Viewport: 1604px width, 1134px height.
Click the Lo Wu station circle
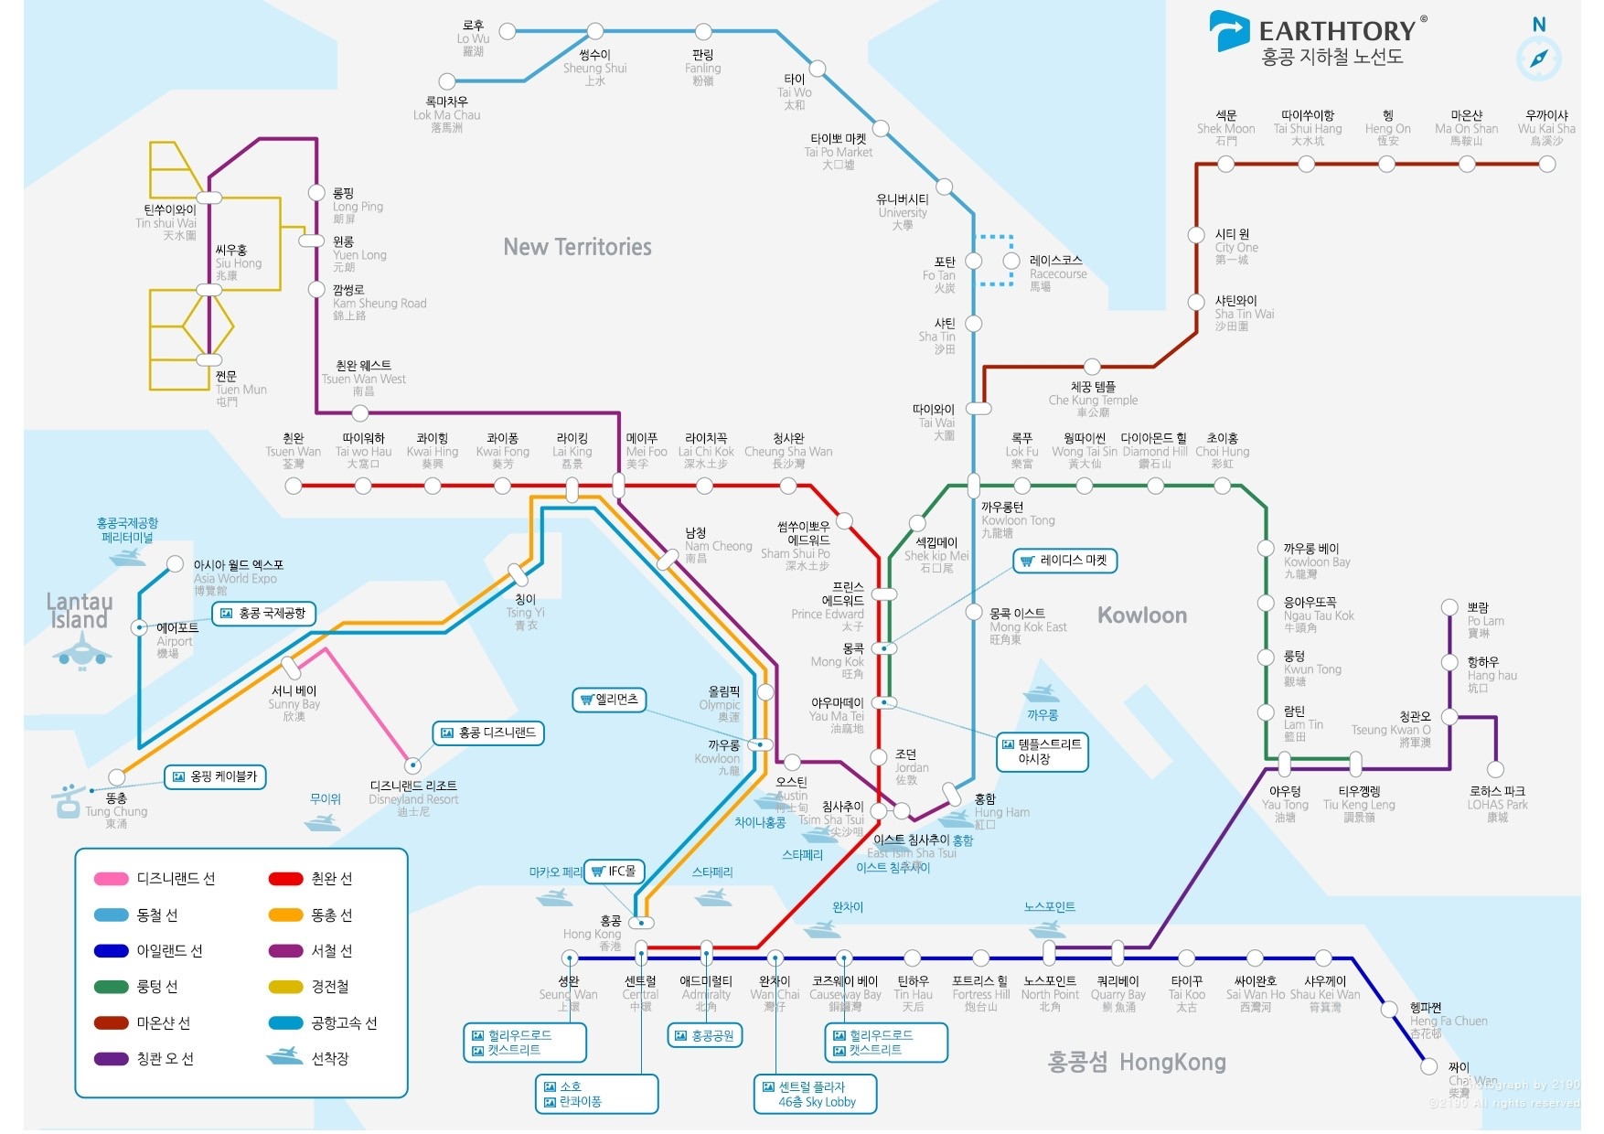point(508,31)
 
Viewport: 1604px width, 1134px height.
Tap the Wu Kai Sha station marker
point(1546,165)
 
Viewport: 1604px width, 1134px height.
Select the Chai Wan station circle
point(1428,1066)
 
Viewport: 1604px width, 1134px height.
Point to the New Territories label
point(577,247)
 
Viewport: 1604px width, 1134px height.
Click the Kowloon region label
point(1142,615)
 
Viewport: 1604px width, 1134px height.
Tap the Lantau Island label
point(79,611)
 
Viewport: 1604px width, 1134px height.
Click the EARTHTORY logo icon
point(1228,31)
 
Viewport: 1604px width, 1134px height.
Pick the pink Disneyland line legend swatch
point(111,879)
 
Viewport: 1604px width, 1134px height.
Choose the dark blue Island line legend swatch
point(111,951)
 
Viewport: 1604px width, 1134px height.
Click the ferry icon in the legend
point(284,1057)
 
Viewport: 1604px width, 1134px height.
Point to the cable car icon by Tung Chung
point(68,801)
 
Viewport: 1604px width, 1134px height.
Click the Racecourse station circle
point(1011,261)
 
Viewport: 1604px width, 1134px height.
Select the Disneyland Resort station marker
point(413,765)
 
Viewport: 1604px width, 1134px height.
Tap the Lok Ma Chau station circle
point(447,82)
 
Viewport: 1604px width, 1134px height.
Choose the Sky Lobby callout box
point(815,1094)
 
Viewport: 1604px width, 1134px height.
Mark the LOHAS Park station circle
point(1495,769)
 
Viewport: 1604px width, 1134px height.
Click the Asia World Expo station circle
point(175,564)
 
